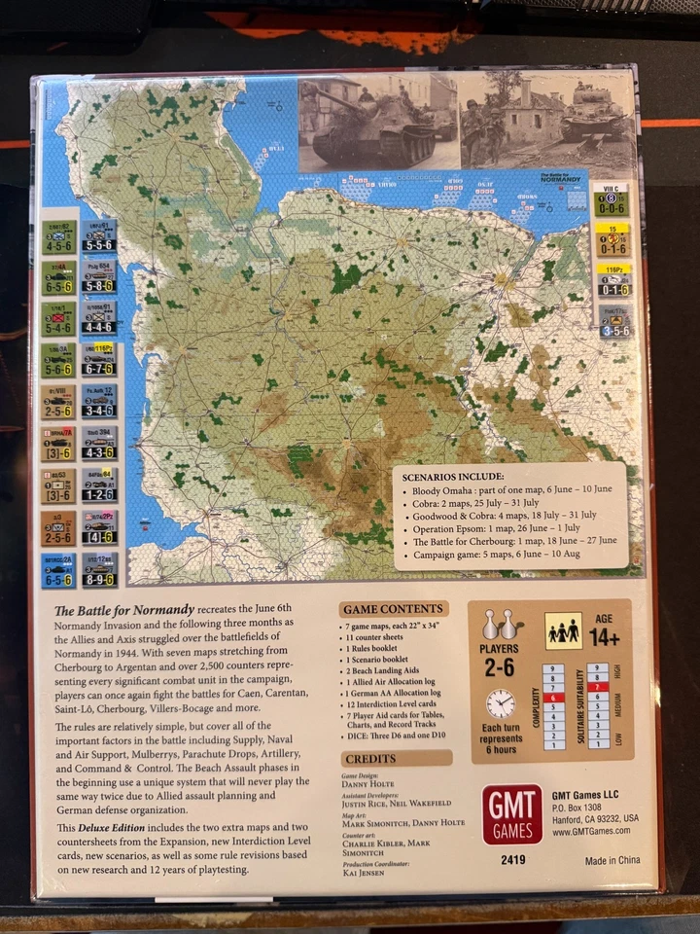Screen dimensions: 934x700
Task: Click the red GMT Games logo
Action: pyautogui.click(x=511, y=814)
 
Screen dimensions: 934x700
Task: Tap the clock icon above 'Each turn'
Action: pyautogui.click(x=501, y=704)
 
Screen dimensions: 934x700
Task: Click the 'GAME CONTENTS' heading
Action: pyautogui.click(x=395, y=609)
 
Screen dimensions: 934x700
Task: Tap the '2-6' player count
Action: pyautogui.click(x=501, y=667)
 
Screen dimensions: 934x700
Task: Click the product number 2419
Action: pyautogui.click(x=512, y=860)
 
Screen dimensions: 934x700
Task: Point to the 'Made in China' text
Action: pyautogui.click(x=613, y=861)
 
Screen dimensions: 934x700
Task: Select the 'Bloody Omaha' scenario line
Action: pyautogui.click(x=505, y=493)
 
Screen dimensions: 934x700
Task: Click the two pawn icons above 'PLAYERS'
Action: pyautogui.click(x=501, y=624)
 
